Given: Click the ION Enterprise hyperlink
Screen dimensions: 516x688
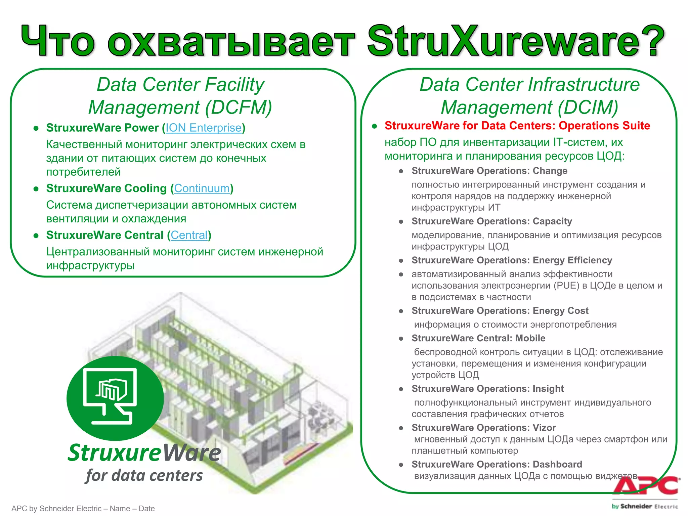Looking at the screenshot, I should pos(203,128).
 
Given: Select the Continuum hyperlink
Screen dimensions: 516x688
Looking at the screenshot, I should pos(202,188).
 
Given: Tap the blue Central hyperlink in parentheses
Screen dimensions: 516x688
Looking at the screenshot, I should pos(189,235).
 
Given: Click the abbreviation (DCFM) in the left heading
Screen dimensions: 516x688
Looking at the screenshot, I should pos(239,107).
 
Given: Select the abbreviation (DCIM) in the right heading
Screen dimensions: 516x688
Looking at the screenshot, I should pos(588,107).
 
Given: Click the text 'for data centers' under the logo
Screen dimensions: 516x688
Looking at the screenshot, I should pos(144,476).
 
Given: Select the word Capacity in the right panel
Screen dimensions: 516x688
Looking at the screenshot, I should pos(552,221).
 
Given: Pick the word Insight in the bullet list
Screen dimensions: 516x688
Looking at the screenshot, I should pos(548,389).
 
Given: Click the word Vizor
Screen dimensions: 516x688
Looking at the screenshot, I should pos(544,428).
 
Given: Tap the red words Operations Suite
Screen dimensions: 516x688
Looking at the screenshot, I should pos(604,126).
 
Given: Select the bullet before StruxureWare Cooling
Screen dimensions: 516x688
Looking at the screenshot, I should pos(36,189).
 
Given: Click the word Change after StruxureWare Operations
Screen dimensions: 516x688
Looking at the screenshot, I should pos(550,171).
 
